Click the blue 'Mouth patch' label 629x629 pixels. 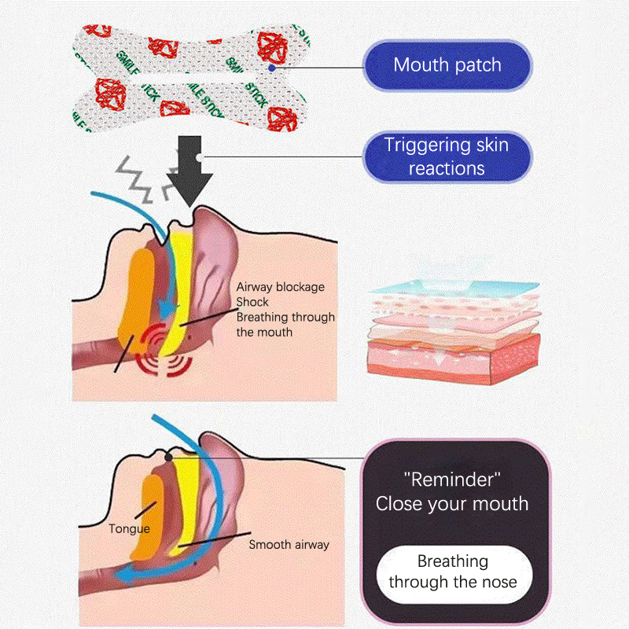click(447, 65)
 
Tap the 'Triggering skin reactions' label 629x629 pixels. click(447, 156)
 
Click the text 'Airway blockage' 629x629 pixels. click(281, 287)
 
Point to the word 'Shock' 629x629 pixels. click(252, 302)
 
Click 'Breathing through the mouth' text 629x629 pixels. click(285, 325)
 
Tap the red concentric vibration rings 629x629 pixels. click(166, 350)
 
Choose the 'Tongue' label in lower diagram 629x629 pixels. click(130, 529)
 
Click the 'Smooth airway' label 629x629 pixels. click(289, 544)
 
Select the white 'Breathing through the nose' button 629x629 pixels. click(453, 572)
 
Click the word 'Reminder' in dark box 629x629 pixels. click(452, 479)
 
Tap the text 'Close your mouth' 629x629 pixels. click(452, 504)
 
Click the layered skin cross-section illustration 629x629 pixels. click(454, 329)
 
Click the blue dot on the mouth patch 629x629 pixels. click(270, 68)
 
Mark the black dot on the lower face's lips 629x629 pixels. click(168, 456)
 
